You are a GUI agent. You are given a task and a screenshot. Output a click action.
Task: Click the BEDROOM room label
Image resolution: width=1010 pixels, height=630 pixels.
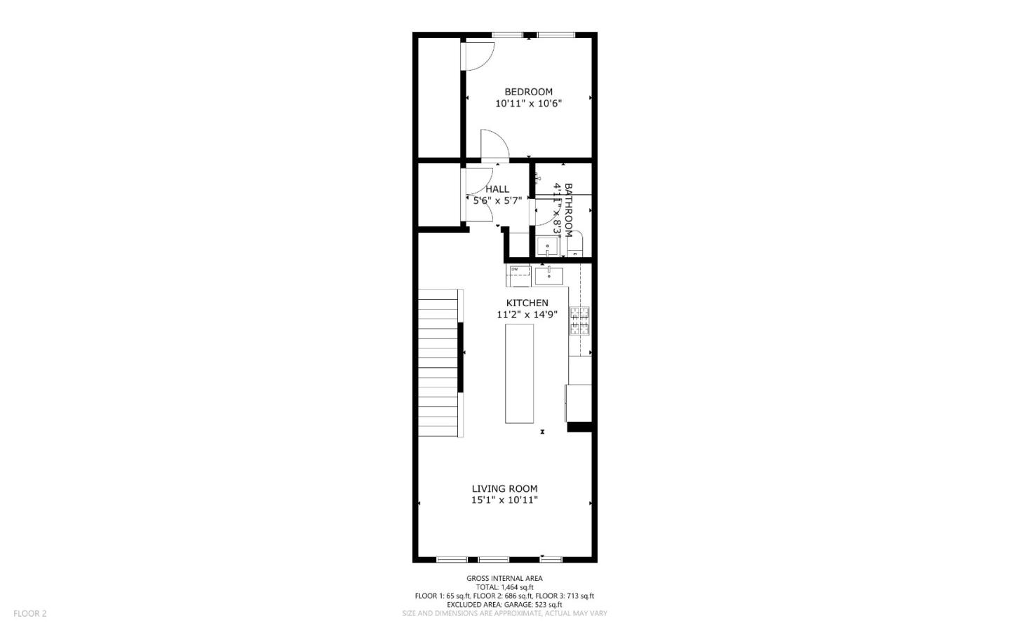tap(528, 92)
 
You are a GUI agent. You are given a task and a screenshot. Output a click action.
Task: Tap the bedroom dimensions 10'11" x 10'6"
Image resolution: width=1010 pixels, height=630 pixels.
tap(528, 104)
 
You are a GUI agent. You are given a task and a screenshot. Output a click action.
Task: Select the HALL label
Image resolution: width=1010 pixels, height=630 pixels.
tap(497, 189)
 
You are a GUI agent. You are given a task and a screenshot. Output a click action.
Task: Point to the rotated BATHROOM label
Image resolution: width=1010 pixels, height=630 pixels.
tap(568, 210)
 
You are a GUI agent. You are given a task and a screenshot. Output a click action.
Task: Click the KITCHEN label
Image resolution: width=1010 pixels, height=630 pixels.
tap(527, 303)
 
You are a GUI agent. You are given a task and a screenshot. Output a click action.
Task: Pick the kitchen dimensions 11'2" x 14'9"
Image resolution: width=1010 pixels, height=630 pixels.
tap(527, 315)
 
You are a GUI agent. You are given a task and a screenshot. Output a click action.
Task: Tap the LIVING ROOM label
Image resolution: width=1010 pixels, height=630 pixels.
tap(504, 489)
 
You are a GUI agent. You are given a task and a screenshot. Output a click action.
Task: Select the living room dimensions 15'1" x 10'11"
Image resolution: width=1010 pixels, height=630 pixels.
tap(504, 500)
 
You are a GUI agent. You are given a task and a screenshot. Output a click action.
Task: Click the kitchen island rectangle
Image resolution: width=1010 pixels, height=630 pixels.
tap(519, 374)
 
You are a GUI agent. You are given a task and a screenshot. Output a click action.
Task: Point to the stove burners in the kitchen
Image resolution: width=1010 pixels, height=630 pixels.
tap(579, 321)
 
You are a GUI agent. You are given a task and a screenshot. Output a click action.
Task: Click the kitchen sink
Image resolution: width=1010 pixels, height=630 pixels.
tap(548, 275)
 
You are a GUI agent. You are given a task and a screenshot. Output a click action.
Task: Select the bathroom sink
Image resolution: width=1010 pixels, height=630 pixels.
tap(547, 247)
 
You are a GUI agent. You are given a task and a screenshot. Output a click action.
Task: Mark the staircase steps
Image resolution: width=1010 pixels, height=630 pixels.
tap(440, 363)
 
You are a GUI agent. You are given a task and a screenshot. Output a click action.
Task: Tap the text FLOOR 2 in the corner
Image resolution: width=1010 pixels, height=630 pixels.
tap(30, 614)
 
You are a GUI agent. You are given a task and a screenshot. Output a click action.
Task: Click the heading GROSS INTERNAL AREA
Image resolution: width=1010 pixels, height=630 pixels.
tap(504, 579)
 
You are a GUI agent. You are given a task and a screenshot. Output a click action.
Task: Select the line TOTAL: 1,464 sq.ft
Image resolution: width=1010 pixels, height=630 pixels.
tap(504, 587)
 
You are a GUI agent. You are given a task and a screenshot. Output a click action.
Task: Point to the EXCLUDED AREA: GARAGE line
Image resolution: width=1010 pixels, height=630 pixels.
tap(504, 604)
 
